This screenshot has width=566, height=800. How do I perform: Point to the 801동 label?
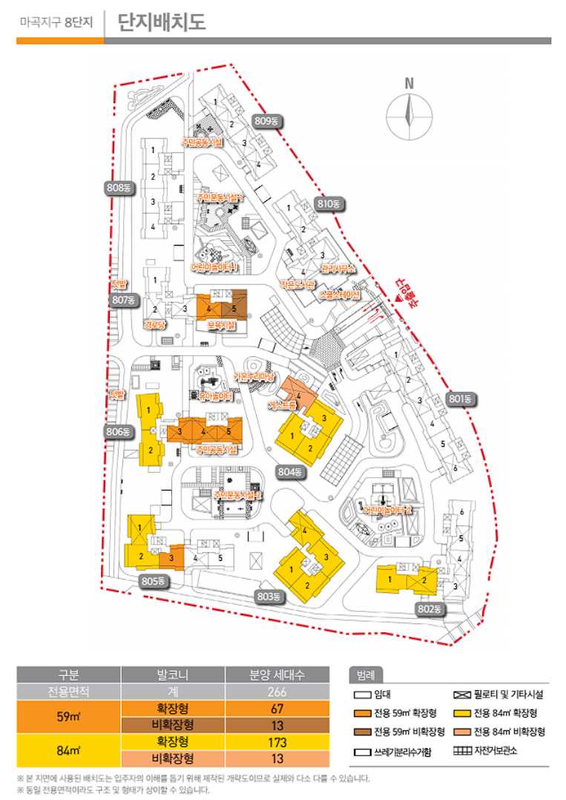460,399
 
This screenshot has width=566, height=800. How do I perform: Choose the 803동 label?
269,596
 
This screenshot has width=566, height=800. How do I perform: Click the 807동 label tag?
122,300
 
